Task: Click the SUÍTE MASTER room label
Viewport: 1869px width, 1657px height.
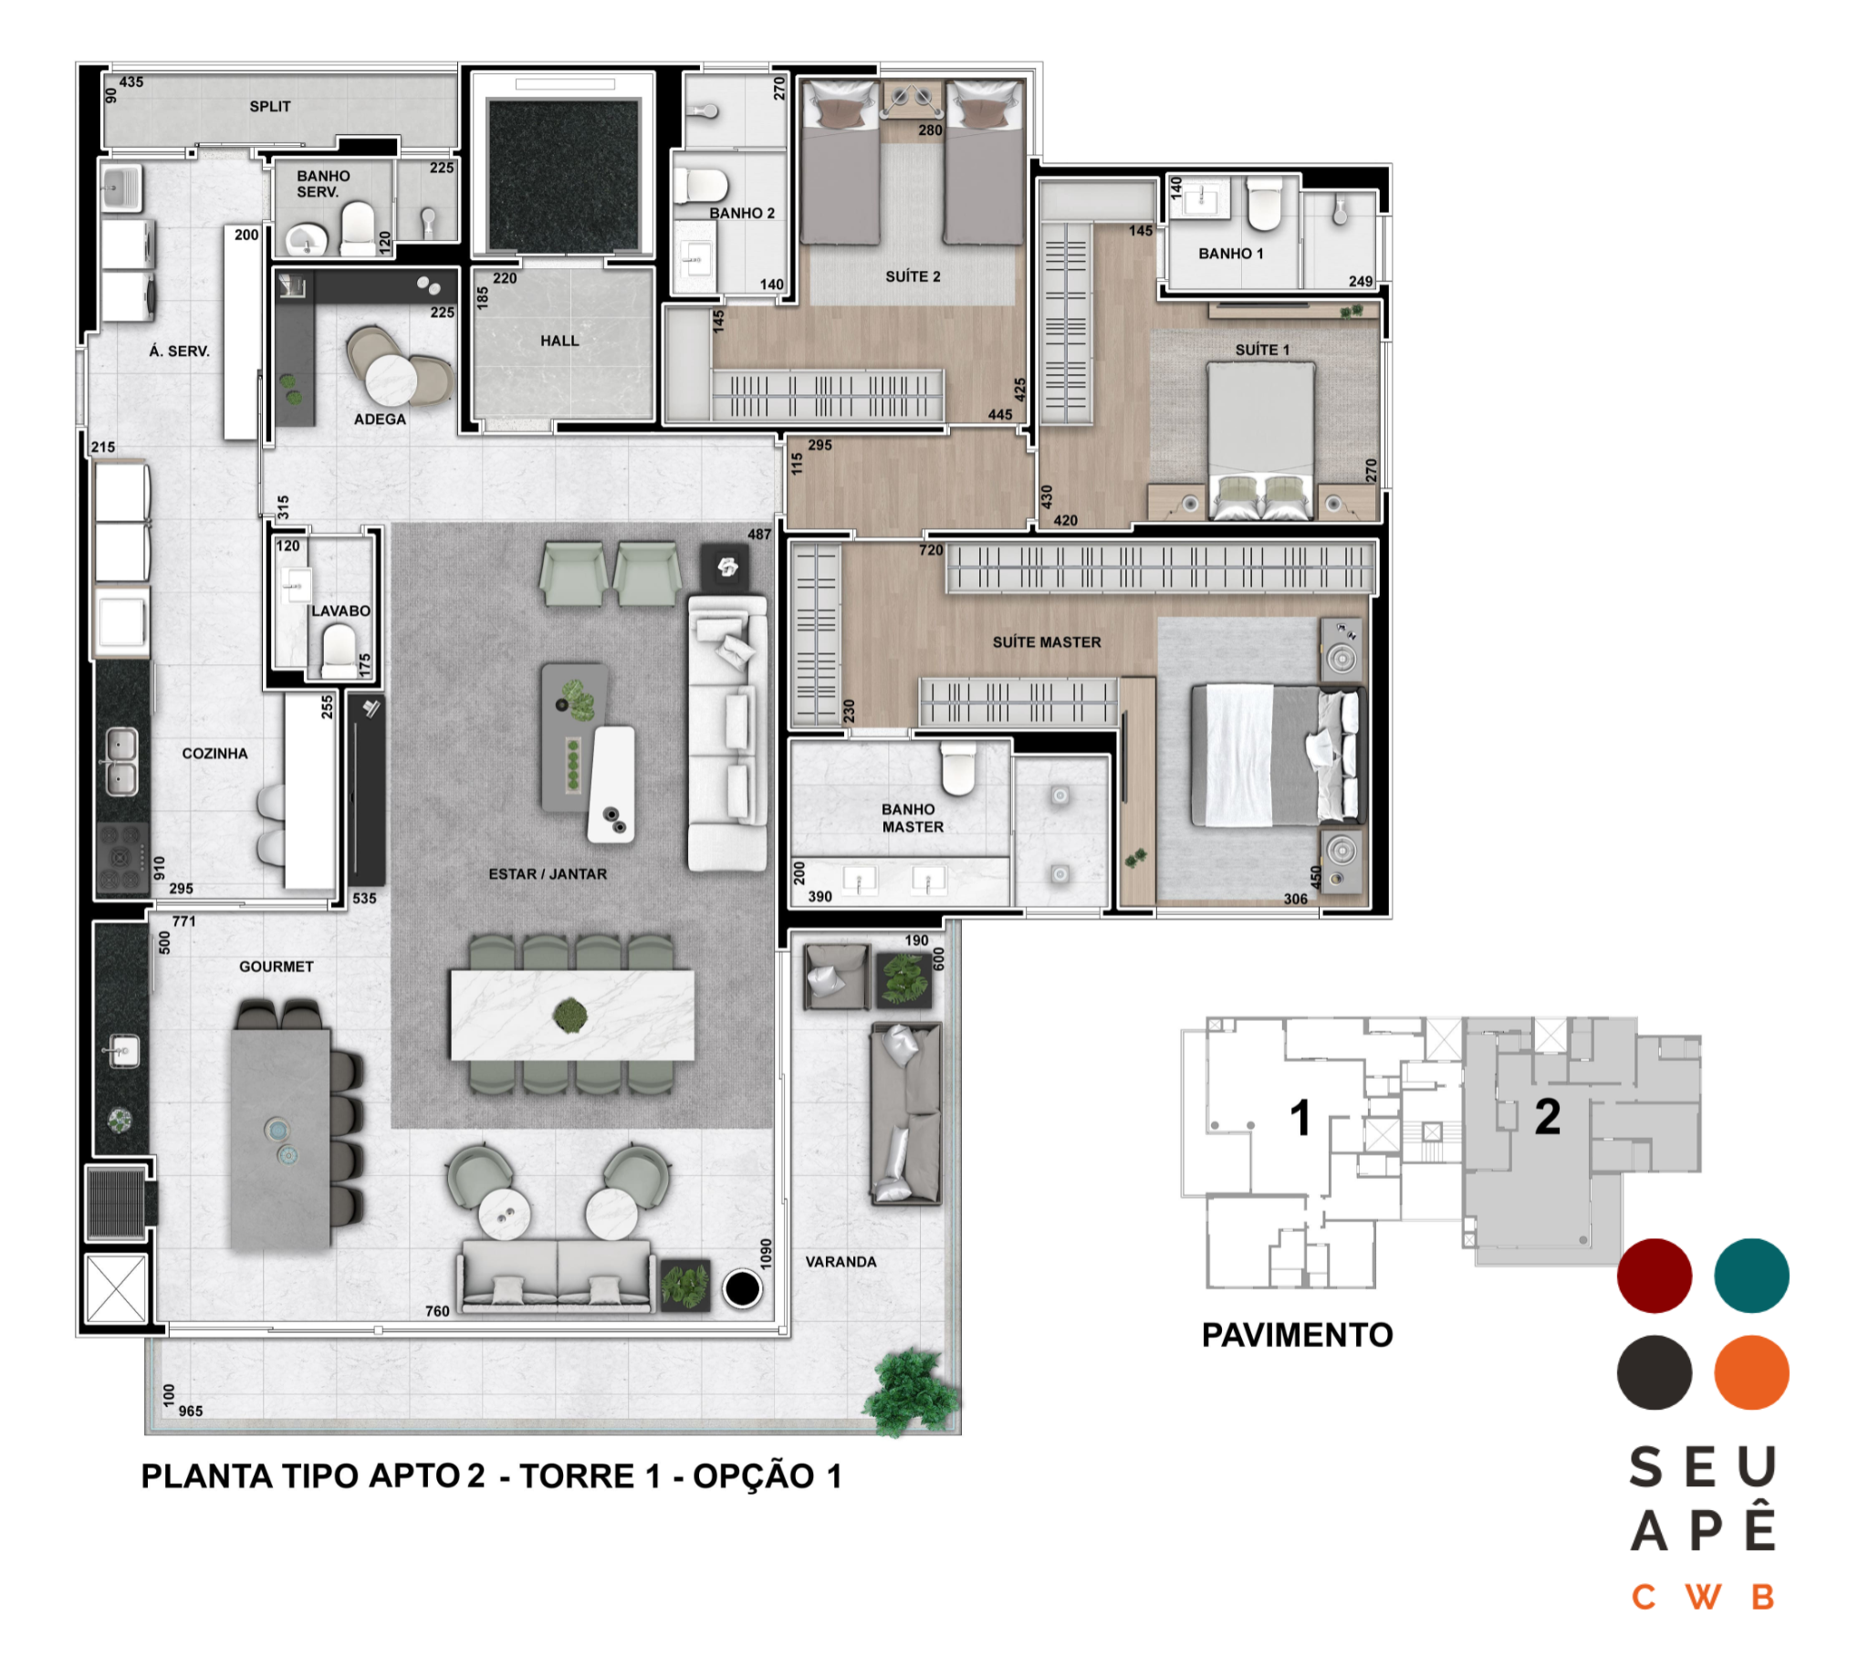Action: [x=1047, y=642]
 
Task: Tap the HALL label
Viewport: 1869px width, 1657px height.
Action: [x=559, y=340]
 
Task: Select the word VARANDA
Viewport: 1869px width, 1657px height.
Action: [x=841, y=1261]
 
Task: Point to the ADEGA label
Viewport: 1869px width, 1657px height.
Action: [x=380, y=419]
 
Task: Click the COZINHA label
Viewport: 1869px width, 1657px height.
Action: [x=214, y=753]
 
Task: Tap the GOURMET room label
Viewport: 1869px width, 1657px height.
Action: [x=277, y=965]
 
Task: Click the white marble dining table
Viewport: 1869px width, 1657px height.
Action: [x=572, y=1014]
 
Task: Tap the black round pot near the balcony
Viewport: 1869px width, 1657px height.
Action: [x=742, y=1288]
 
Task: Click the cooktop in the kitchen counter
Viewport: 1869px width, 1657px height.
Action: [x=122, y=857]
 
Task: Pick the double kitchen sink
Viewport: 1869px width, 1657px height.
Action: [x=121, y=761]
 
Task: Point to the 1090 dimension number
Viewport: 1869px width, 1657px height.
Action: [x=767, y=1253]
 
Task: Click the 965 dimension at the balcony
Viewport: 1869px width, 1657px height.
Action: [x=190, y=1410]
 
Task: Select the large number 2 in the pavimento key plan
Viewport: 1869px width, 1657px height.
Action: [x=1547, y=1117]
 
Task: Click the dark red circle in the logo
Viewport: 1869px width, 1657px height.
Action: [x=1655, y=1276]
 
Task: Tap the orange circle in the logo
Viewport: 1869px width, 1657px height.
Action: [x=1751, y=1372]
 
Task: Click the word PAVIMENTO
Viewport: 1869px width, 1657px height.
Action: [x=1297, y=1335]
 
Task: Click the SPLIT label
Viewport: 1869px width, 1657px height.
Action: [x=270, y=106]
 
